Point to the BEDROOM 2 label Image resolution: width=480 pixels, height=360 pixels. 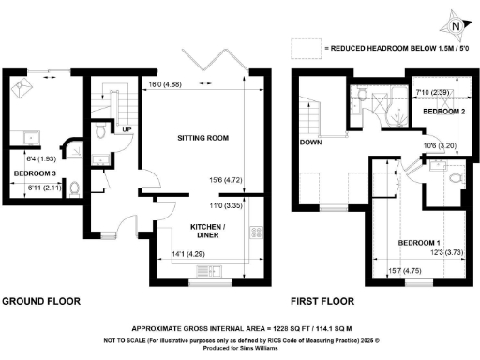[x=442, y=111]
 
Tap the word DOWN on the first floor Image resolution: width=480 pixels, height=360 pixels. [x=311, y=142]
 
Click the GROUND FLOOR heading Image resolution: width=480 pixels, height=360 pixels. [x=41, y=301]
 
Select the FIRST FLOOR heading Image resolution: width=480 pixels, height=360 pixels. [x=323, y=301]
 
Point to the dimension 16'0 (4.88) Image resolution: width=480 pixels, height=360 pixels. [x=166, y=85]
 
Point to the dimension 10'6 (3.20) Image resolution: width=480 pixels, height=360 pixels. [x=440, y=145]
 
